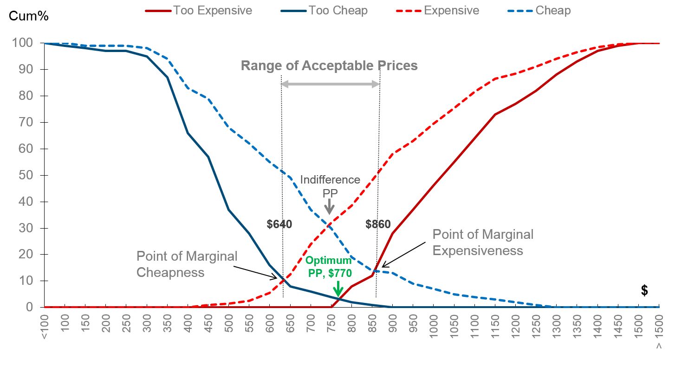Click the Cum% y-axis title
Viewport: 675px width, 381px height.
pyautogui.click(x=29, y=16)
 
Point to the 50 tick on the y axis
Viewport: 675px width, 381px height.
pyautogui.click(x=27, y=176)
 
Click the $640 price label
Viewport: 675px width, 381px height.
pyautogui.click(x=279, y=225)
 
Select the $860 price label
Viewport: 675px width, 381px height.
pyautogui.click(x=378, y=225)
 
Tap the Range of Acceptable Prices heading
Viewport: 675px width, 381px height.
pyautogui.click(x=329, y=66)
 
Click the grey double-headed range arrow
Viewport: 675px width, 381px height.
pyautogui.click(x=330, y=84)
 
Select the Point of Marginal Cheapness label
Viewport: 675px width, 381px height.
pyautogui.click(x=187, y=264)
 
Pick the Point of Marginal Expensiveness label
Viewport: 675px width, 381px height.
pyautogui.click(x=483, y=243)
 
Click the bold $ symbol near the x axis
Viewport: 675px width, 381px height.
pyautogui.click(x=644, y=290)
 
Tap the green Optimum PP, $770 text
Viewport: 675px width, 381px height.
pyautogui.click(x=328, y=267)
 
